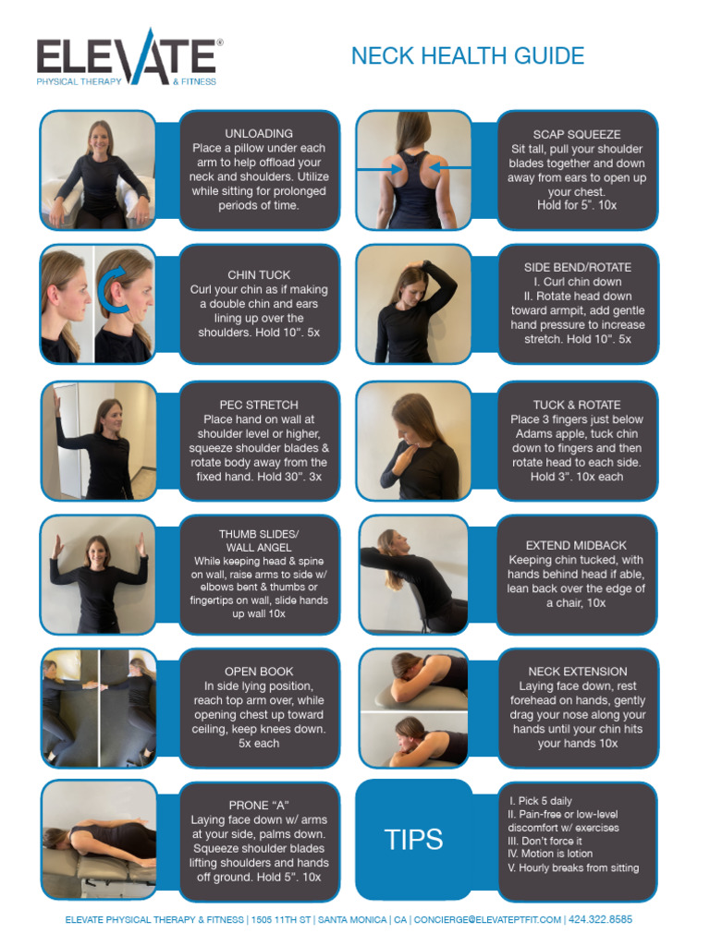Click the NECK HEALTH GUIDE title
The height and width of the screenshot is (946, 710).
[x=467, y=56]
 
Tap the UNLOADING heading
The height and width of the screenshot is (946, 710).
[x=259, y=133]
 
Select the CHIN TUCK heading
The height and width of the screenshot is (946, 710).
[x=259, y=274]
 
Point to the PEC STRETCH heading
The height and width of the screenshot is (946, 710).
[x=259, y=405]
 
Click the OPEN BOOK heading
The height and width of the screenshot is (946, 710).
[x=259, y=672]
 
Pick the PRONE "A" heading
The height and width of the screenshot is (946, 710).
[x=259, y=805]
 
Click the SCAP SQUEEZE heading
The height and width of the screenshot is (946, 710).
[x=577, y=134]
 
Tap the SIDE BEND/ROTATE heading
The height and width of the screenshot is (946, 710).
[x=577, y=267]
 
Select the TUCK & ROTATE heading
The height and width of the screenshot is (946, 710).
[x=577, y=405]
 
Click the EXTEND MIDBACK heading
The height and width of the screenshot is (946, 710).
[x=577, y=545]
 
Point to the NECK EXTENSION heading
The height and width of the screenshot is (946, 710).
[x=577, y=672]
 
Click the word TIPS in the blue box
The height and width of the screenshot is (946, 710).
[x=413, y=840]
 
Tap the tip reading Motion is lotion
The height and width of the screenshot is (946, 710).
[x=551, y=854]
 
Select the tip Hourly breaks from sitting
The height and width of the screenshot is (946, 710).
[x=573, y=868]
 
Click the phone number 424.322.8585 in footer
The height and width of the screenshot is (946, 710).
[x=602, y=920]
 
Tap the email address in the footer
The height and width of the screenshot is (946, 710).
[x=487, y=920]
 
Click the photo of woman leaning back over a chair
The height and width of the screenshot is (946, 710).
[x=413, y=575]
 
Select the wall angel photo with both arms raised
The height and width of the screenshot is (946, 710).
[x=97, y=575]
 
